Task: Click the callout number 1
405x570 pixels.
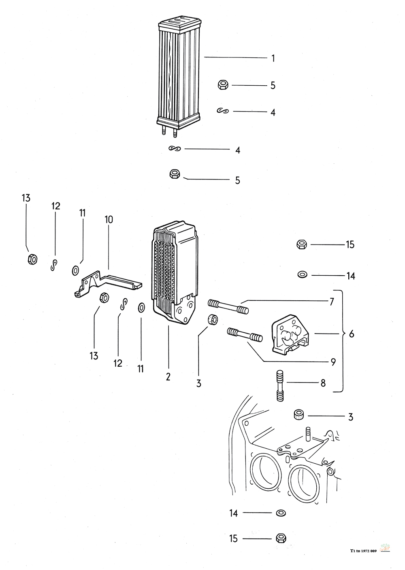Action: point(273,58)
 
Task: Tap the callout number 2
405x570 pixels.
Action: point(168,377)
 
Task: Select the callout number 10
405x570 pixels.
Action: point(109,220)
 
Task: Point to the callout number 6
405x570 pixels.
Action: point(351,334)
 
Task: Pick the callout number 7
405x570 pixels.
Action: point(331,302)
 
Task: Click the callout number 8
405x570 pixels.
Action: point(323,382)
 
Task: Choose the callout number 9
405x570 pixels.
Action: point(333,362)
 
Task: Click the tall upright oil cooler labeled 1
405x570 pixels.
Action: point(178,73)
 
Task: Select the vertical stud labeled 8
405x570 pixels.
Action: point(279,385)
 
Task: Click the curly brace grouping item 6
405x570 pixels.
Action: point(342,340)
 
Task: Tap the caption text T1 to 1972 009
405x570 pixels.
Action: point(364,550)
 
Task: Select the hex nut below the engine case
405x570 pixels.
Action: point(279,538)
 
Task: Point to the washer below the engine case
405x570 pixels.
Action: point(279,513)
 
